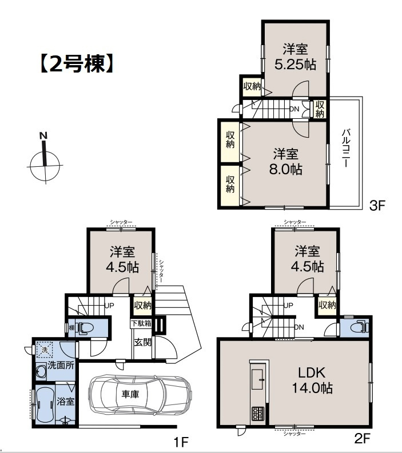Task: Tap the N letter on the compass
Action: (42, 136)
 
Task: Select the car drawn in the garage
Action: (140, 394)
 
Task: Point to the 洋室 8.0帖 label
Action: (286, 162)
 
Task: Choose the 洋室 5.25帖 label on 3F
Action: (295, 57)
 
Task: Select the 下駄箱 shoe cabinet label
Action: (141, 324)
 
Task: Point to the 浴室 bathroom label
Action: (65, 401)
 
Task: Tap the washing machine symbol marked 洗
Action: (43, 348)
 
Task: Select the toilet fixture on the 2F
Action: (359, 328)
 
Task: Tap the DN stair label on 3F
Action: (294, 109)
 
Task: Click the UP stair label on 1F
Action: (109, 305)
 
